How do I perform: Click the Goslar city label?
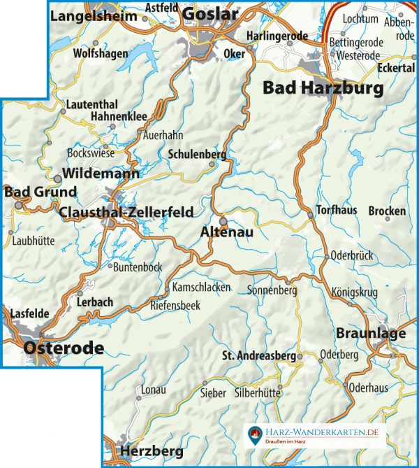(x=210, y=13)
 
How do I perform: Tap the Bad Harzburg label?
(x=323, y=88)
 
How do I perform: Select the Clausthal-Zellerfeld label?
(x=125, y=212)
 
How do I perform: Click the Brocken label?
(x=387, y=211)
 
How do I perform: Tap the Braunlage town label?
(x=370, y=333)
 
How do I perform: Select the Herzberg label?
(x=152, y=450)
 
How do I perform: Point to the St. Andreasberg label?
(x=258, y=355)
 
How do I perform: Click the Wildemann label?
(x=101, y=173)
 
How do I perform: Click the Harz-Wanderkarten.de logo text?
(x=322, y=433)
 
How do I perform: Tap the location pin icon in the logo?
(x=256, y=436)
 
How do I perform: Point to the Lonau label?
(x=154, y=389)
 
